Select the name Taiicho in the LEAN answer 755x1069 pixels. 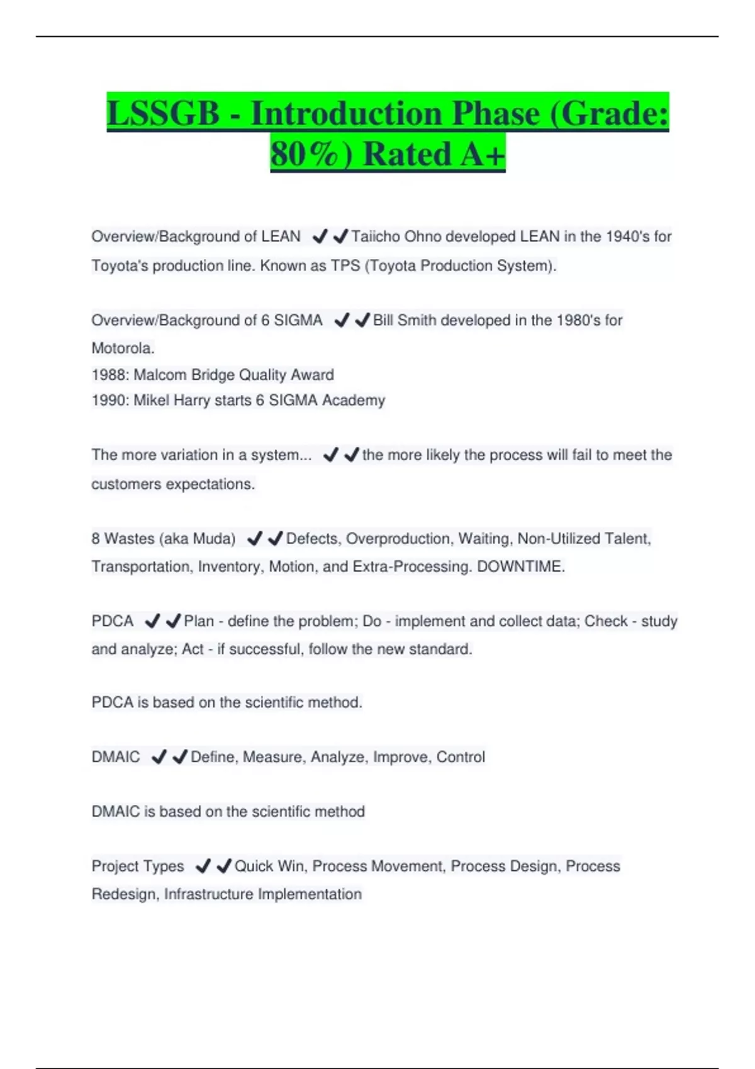375,236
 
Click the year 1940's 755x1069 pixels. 627,236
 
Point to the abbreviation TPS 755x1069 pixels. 345,265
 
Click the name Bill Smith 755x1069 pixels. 405,320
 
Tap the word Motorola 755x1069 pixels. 123,348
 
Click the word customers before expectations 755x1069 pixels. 126,484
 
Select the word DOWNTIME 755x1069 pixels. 520,567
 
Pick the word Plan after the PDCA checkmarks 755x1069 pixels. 199,621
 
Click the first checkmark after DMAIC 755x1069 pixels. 159,757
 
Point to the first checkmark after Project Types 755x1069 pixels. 203,867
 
